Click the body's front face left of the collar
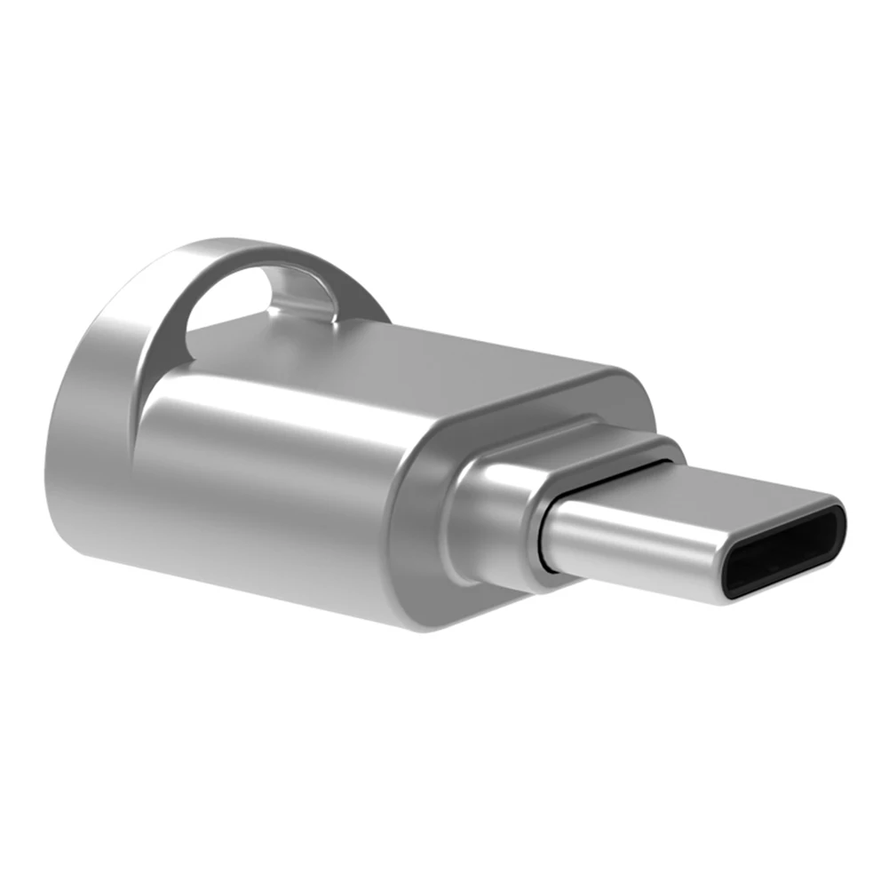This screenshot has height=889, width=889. tap(435, 533)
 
